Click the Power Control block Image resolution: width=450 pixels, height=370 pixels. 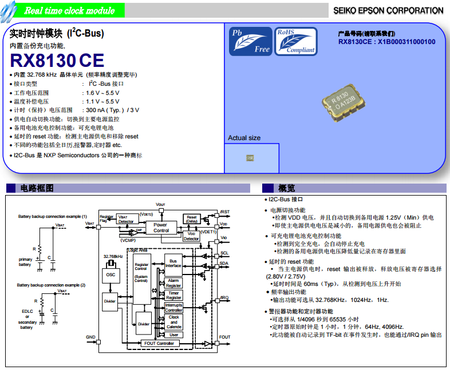tap(161, 227)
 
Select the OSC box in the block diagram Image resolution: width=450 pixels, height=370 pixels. tap(110, 274)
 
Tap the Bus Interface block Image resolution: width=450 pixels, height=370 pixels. tap(173, 262)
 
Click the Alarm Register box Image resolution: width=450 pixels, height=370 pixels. tap(173, 283)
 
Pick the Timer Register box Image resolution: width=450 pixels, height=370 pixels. tap(173, 295)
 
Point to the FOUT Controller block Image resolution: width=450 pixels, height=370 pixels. tap(159, 343)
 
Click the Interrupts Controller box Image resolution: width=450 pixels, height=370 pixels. tap(173, 308)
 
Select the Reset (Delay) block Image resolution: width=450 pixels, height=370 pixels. tap(191, 219)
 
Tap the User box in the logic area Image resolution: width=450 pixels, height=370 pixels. tap(173, 335)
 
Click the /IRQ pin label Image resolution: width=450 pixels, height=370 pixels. tap(224, 298)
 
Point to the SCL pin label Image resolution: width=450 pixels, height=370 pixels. tap(224, 252)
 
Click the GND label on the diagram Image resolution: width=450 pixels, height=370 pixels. tap(90, 337)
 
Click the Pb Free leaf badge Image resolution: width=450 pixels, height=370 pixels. tap(250, 41)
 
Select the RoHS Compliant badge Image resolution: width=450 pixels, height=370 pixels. tap(295, 41)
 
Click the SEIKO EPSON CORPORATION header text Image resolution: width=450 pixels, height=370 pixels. tap(388, 10)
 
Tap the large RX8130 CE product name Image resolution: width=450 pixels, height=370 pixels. tap(57, 60)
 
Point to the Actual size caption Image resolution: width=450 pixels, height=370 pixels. tap(244, 138)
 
